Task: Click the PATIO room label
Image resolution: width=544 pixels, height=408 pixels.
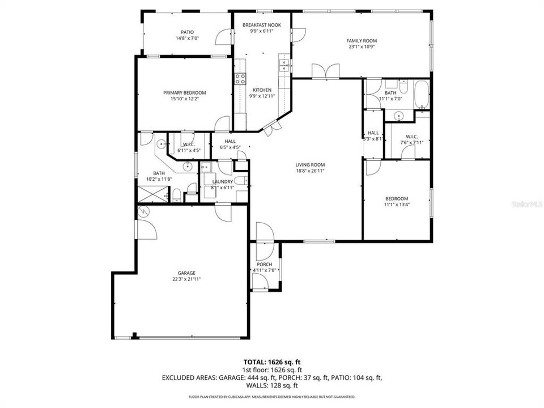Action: tap(187, 32)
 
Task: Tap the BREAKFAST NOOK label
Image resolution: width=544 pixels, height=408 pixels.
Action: tap(262, 25)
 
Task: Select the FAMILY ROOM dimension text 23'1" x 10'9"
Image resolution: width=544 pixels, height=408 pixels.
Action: tap(362, 47)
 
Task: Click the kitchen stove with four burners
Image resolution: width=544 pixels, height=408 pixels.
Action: tap(240, 79)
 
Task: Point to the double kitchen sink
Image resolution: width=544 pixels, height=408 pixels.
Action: tap(284, 66)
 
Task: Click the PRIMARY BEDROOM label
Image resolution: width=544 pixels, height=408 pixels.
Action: tap(185, 92)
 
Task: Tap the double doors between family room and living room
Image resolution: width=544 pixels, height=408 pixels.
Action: tap(326, 71)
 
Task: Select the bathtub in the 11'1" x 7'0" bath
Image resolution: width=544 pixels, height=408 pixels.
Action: tap(422, 95)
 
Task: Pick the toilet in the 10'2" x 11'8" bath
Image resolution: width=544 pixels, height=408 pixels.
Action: tap(176, 196)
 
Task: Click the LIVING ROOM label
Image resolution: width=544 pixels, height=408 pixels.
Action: tap(310, 165)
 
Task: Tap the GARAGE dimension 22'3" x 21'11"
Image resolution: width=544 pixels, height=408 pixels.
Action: tap(187, 279)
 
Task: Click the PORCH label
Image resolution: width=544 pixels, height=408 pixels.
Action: tap(264, 265)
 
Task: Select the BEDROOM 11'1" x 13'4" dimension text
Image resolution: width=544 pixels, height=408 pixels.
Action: tap(397, 205)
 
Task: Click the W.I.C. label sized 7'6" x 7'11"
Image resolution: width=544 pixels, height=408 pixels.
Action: tap(411, 137)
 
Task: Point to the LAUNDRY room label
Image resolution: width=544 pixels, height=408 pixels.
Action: tap(222, 181)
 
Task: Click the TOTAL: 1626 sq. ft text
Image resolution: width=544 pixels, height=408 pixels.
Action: tap(271, 362)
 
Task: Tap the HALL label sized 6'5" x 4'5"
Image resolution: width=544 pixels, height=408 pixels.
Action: tap(230, 141)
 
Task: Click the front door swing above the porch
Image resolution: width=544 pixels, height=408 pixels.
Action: tap(265, 232)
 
